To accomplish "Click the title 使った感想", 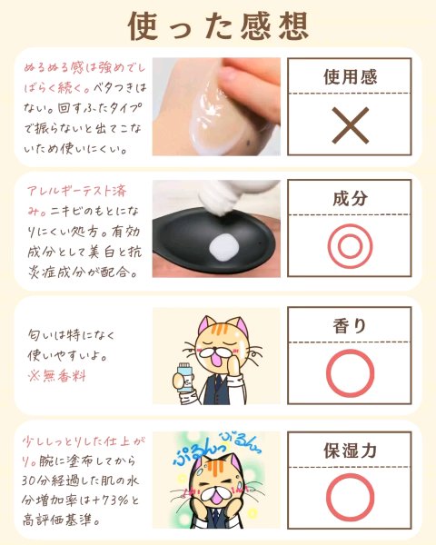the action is pyautogui.click(x=218, y=25).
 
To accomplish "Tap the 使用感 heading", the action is pyautogui.click(x=350, y=77).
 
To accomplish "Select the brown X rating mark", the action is pyautogui.click(x=350, y=125).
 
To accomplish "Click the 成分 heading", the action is pyautogui.click(x=350, y=198).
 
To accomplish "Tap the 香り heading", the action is pyautogui.click(x=350, y=326).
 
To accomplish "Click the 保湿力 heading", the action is pyautogui.click(x=350, y=451).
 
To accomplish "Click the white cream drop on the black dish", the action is pyautogui.click(x=224, y=247).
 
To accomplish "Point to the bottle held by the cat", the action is pyautogui.click(x=183, y=378).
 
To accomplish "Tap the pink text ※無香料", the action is pyautogui.click(x=56, y=376).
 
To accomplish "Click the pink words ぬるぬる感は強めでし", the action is pyautogui.click(x=84, y=67).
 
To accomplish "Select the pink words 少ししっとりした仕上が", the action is pyautogui.click(x=84, y=441).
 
